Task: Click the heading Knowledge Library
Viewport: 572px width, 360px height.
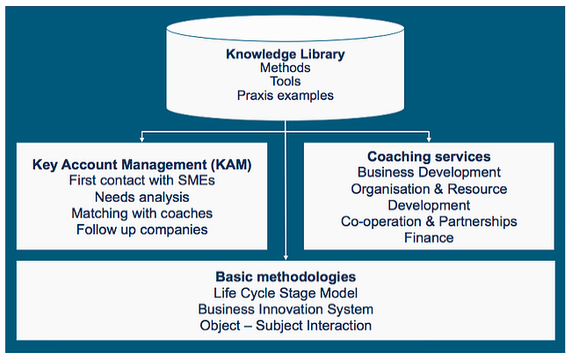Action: click(286, 54)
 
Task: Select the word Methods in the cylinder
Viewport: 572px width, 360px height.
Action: click(286, 68)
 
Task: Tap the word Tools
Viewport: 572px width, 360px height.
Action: click(286, 82)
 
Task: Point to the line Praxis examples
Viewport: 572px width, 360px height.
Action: click(286, 96)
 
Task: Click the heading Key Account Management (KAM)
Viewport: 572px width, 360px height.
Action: click(142, 165)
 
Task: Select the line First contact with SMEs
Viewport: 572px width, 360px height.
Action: click(142, 180)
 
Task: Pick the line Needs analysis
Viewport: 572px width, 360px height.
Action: click(142, 198)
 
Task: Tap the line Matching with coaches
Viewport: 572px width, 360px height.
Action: click(142, 213)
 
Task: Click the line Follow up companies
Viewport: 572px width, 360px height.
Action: click(142, 230)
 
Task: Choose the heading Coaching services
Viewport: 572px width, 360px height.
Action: click(429, 156)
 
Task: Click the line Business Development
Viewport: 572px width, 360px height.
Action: click(429, 172)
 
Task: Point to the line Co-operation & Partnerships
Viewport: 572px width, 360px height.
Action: click(429, 221)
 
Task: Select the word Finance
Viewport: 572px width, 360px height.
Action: click(429, 238)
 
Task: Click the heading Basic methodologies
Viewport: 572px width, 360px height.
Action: click(286, 277)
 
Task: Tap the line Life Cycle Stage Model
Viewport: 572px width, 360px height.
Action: click(286, 293)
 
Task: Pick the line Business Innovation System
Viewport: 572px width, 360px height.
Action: click(286, 309)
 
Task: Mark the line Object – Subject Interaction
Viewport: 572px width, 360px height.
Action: click(286, 326)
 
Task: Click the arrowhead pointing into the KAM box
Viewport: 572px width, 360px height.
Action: click(142, 140)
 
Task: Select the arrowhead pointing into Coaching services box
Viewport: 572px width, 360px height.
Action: click(429, 140)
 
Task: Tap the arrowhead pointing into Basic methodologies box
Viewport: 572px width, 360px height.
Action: click(286, 257)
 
